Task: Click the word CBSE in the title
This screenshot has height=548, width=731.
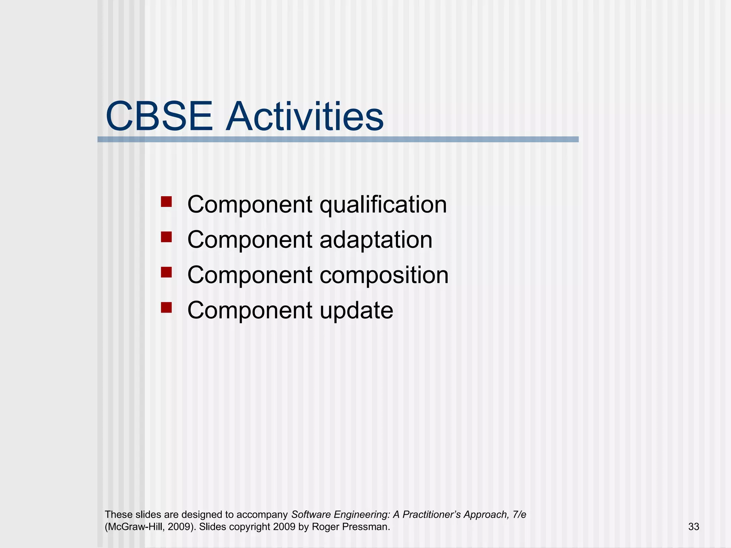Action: tap(159, 117)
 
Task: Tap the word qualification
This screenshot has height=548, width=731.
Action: tap(383, 205)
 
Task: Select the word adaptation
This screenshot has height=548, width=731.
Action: tap(376, 240)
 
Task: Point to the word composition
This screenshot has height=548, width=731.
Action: tap(384, 275)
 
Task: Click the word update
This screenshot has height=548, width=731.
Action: tap(356, 310)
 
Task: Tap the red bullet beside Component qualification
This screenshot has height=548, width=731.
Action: tap(166, 202)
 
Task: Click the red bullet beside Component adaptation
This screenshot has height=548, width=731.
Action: tap(166, 237)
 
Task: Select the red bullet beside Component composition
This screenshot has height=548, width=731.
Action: tap(166, 272)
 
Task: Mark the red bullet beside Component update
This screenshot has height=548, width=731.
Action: tap(166, 307)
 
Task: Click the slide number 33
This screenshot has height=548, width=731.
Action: tap(694, 527)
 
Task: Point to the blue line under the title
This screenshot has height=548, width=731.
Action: tap(338, 139)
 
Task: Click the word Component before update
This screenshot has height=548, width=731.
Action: tap(250, 310)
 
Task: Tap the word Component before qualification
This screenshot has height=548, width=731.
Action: tap(250, 205)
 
